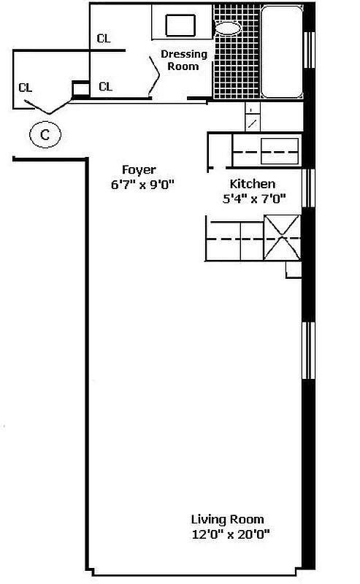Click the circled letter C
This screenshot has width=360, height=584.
point(45,134)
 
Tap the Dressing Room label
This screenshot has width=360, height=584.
point(183,60)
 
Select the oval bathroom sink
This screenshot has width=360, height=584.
point(228,29)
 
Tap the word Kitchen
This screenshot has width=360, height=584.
point(253,183)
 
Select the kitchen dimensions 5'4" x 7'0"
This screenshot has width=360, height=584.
point(253,197)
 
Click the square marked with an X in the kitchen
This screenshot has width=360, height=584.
point(282,237)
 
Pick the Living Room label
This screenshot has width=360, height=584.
point(228,520)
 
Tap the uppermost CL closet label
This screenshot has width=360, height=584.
point(104,39)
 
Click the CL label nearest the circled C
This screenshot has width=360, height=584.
point(26,88)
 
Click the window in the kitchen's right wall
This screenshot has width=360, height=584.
point(308,188)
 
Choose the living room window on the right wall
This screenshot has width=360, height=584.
point(308,350)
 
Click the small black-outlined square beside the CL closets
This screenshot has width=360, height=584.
point(80,89)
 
